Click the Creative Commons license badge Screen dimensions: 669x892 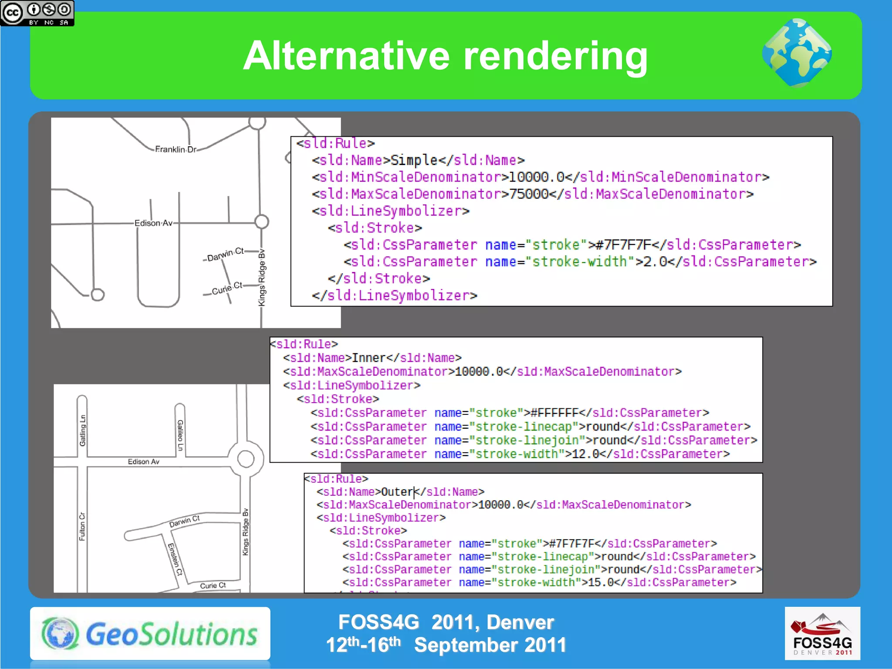click(37, 13)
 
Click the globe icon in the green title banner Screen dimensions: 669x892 click(797, 53)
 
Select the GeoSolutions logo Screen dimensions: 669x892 click(150, 633)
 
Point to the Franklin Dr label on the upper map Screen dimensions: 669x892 click(176, 149)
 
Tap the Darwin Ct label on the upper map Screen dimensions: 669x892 click(225, 254)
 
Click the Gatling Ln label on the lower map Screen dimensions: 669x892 click(82, 430)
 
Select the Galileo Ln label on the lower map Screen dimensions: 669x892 click(180, 435)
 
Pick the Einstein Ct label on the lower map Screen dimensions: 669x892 click(175, 559)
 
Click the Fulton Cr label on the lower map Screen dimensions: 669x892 click(82, 526)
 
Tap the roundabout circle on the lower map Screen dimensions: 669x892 click(246, 459)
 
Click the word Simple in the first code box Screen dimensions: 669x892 click(414, 160)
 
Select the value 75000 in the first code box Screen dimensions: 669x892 click(529, 194)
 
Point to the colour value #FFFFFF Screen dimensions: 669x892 click(554, 413)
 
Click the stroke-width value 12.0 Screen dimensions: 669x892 click(585, 454)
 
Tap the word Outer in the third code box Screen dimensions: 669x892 click(397, 492)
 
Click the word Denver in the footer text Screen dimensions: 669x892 click(520, 622)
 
